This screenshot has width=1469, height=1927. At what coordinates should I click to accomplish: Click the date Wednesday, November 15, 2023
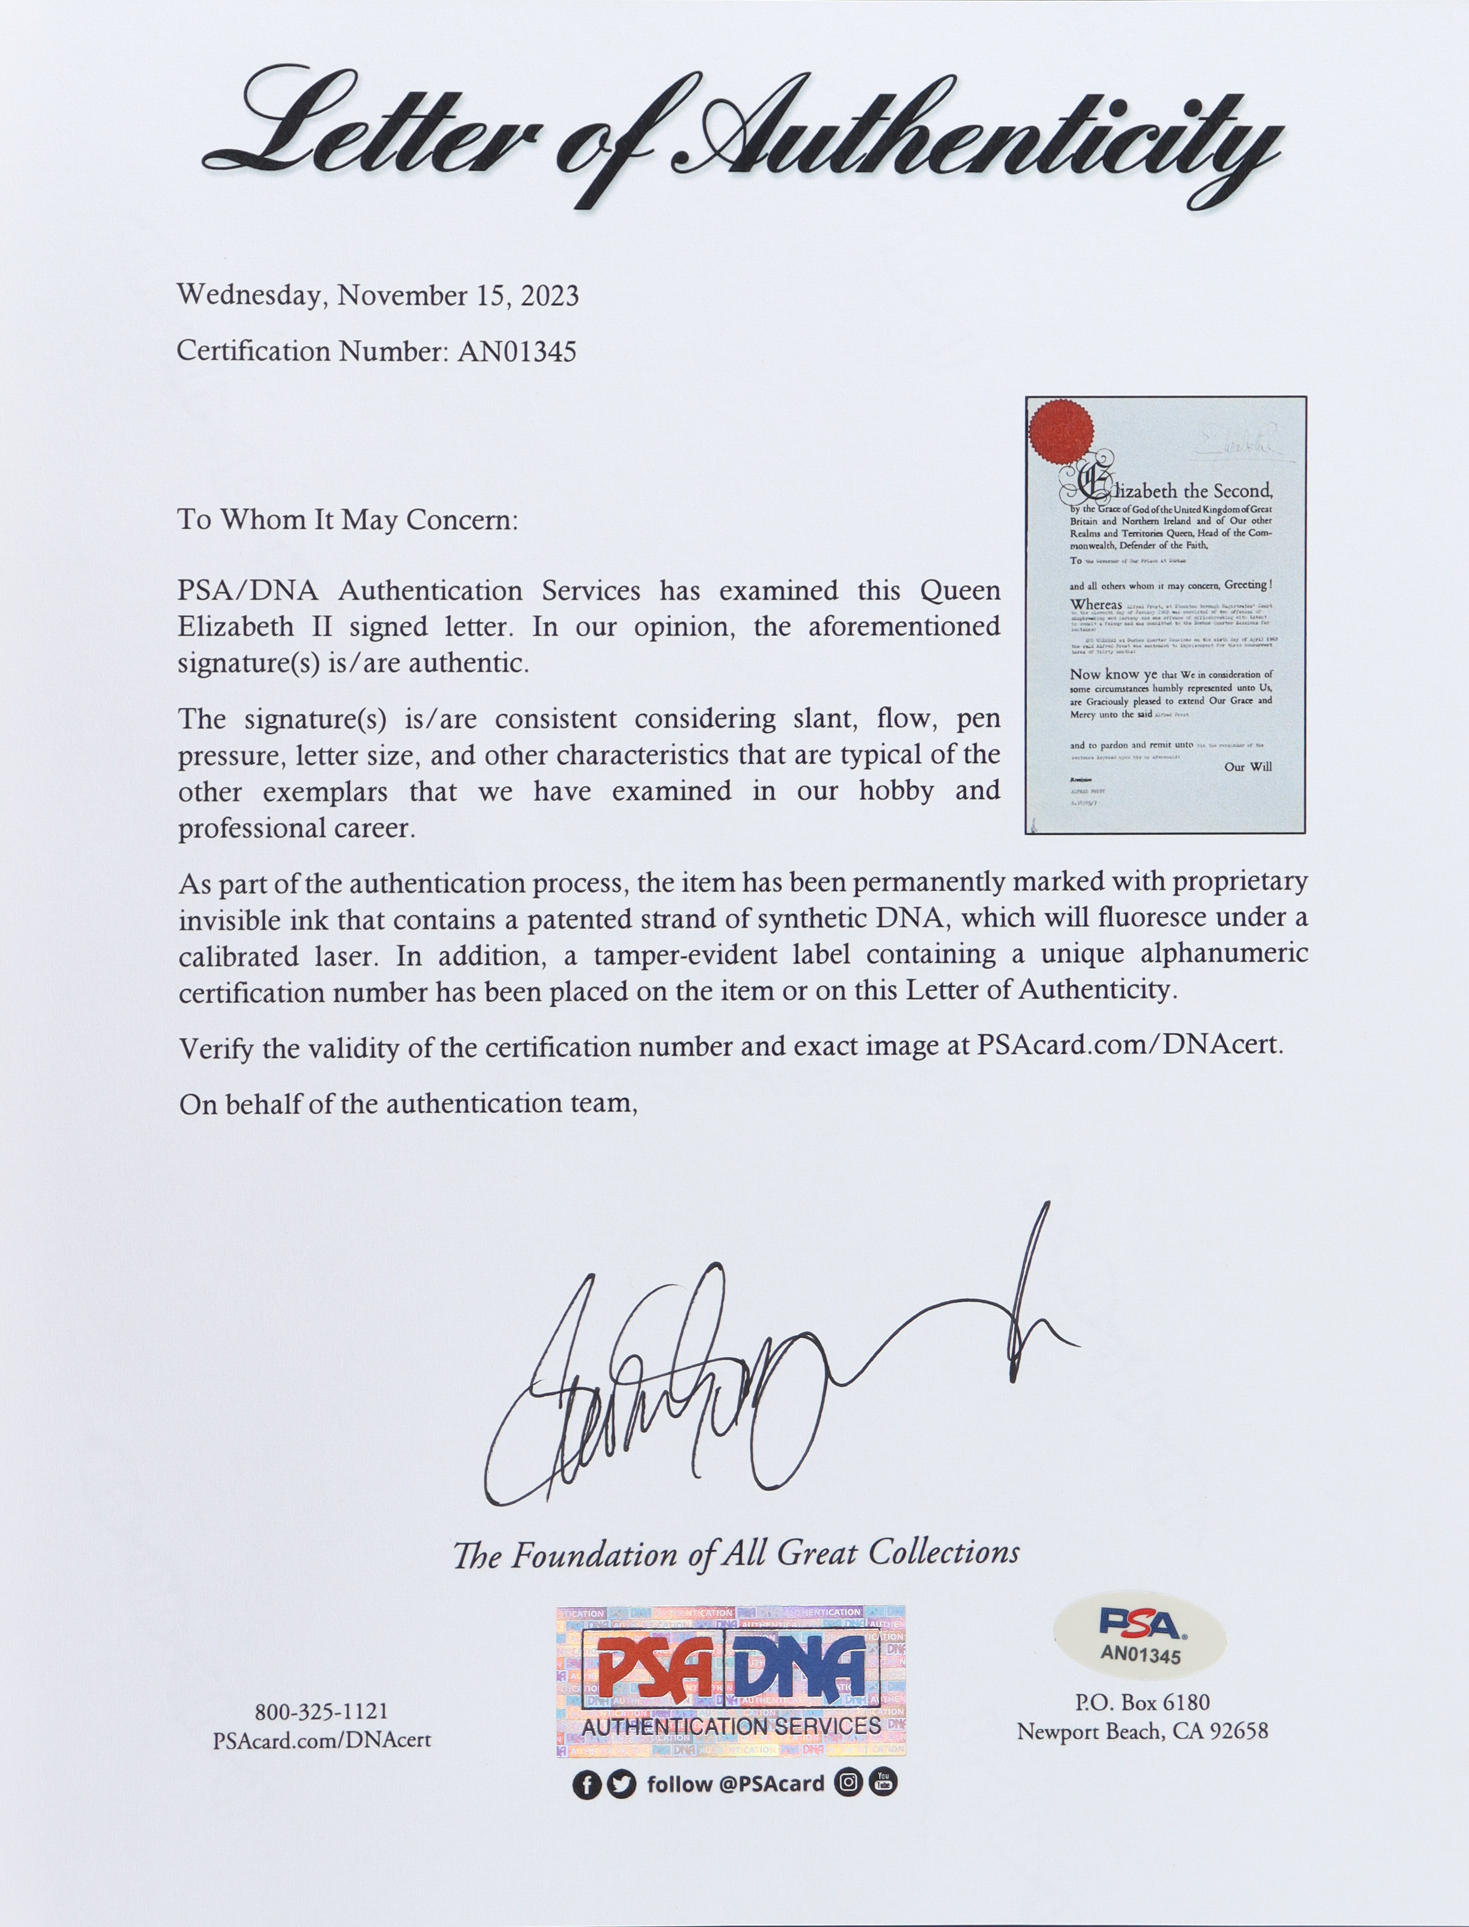click(x=378, y=296)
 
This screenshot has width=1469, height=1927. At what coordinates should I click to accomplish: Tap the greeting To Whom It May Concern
click(x=347, y=520)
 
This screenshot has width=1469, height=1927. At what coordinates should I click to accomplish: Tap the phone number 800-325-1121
click(x=321, y=1711)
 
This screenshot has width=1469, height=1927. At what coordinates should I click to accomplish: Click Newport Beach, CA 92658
click(x=1142, y=1731)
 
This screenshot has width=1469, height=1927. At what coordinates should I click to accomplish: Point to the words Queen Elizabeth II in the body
click(x=909, y=591)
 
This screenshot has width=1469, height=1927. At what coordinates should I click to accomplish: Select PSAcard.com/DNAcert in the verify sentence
click(x=1128, y=1045)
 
